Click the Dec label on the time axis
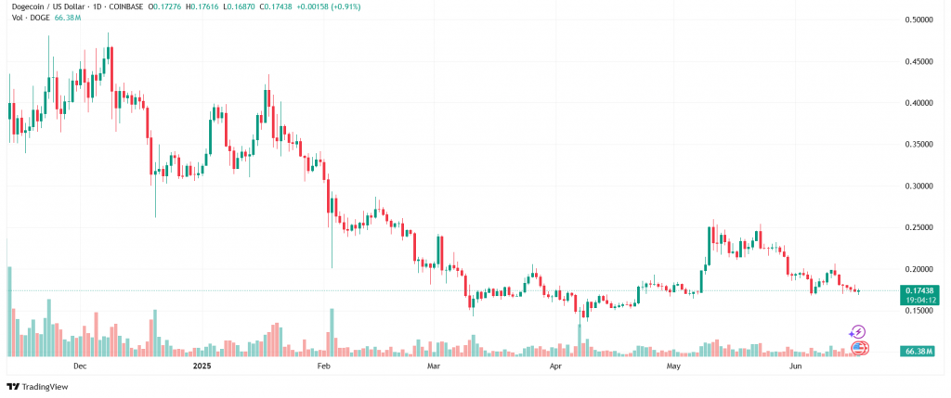80,367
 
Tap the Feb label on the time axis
324,367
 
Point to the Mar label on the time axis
434,367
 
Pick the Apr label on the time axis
555,367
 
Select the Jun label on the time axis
795,367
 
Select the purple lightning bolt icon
858,331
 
